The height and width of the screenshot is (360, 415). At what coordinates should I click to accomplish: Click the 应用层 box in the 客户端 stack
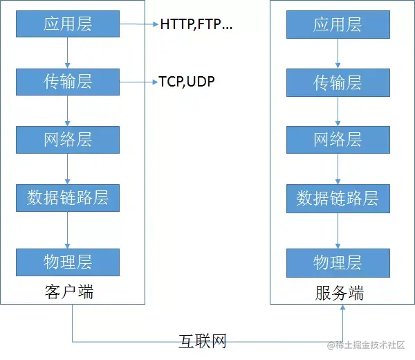[68, 25]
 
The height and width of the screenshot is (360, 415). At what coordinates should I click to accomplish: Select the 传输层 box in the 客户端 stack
[68, 82]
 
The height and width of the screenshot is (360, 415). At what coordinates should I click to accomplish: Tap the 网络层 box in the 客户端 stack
[68, 140]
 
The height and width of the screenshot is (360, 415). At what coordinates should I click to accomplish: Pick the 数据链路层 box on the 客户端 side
[68, 198]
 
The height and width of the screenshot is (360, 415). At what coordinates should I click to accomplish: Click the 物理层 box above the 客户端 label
[68, 262]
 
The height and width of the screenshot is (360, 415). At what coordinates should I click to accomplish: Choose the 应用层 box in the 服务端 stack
[338, 25]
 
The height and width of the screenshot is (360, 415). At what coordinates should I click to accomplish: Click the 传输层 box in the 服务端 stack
[338, 82]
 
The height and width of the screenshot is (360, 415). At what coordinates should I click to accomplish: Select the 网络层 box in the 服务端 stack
[338, 140]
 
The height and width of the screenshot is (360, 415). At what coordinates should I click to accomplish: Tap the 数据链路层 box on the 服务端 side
[338, 198]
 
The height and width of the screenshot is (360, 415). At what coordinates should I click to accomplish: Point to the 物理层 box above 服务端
[338, 262]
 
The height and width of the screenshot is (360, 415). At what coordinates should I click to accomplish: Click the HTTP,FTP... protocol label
[196, 25]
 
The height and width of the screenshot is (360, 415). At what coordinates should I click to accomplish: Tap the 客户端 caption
[68, 292]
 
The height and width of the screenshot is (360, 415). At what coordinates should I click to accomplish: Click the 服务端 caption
[339, 293]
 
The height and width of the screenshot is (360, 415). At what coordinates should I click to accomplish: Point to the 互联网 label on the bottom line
[203, 341]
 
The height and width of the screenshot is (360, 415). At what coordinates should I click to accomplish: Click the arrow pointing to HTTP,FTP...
[139, 25]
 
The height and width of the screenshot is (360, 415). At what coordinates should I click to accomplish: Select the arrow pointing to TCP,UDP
[139, 82]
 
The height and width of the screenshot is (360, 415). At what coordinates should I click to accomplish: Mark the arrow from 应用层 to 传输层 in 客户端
[68, 53]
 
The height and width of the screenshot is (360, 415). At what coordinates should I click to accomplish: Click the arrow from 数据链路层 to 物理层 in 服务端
[338, 230]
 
